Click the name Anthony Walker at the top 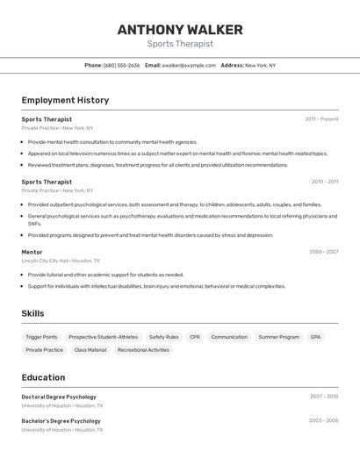[x=180, y=29]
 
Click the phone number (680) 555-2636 [x=122, y=65]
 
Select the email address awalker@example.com [x=189, y=65]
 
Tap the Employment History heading [x=65, y=100]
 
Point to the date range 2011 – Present [x=321, y=119]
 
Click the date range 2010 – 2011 [x=324, y=182]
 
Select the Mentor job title [x=32, y=252]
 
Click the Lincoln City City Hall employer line [x=61, y=261]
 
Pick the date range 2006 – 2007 [x=323, y=252]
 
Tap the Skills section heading [x=32, y=313]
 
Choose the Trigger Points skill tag [x=41, y=337]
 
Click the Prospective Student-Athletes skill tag [x=103, y=337]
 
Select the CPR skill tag [x=194, y=337]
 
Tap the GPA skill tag [x=315, y=337]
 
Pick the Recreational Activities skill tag [x=143, y=350]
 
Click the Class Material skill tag [x=90, y=350]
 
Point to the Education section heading [x=43, y=377]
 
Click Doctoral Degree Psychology [x=59, y=397]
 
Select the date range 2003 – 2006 [x=323, y=420]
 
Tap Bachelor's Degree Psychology [x=61, y=420]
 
